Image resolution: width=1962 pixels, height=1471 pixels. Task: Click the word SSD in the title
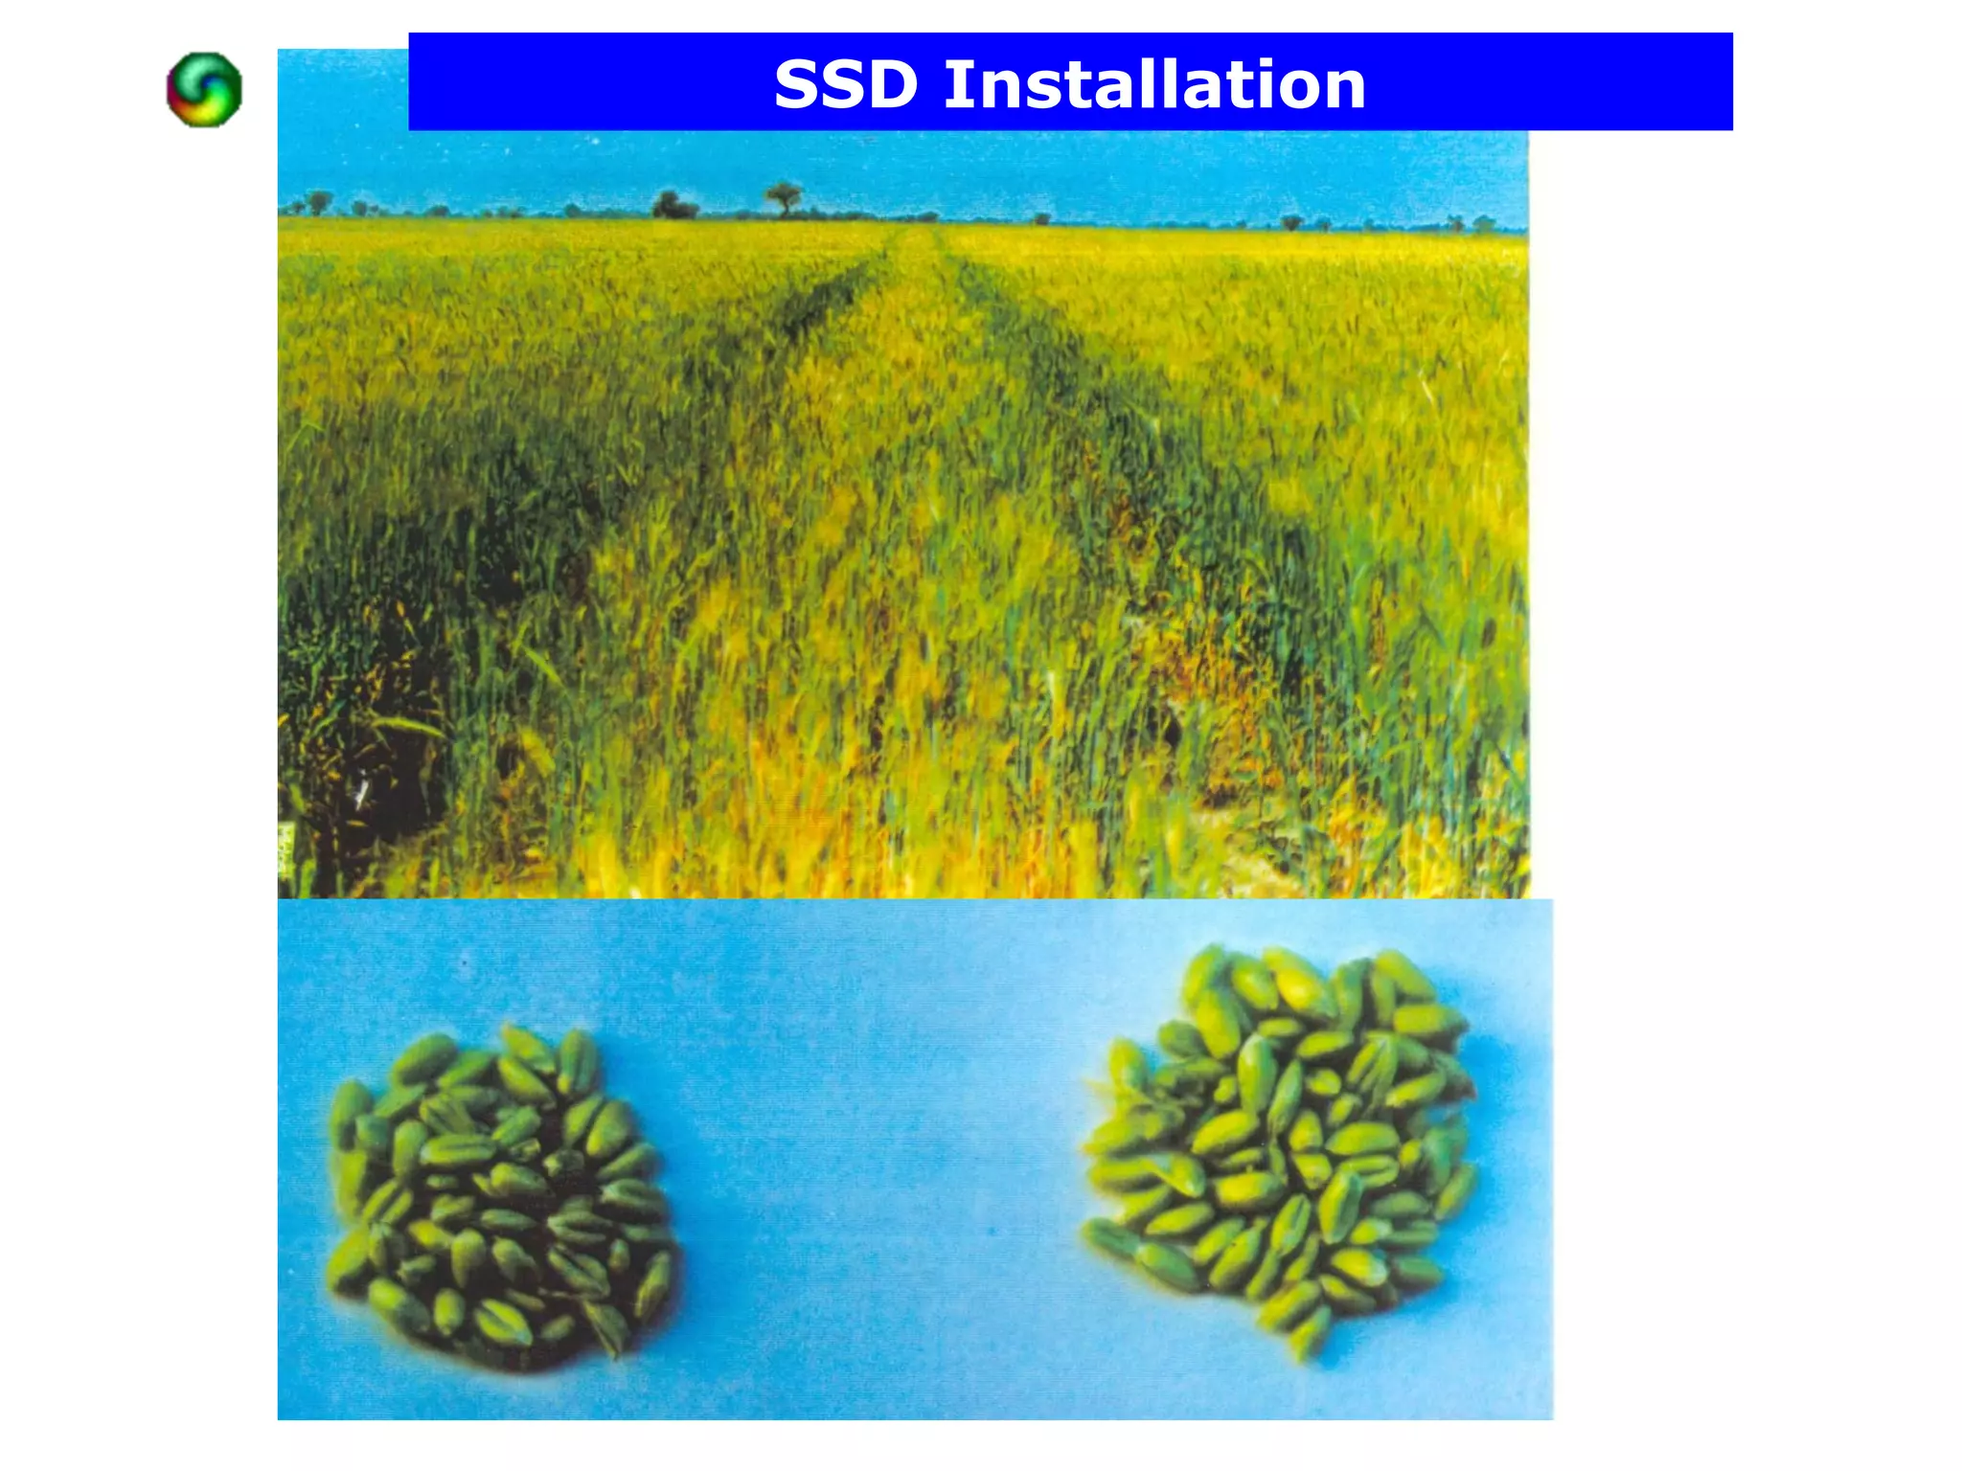[845, 84]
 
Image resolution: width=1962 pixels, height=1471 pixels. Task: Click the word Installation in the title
[1154, 84]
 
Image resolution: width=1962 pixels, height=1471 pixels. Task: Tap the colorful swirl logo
[204, 89]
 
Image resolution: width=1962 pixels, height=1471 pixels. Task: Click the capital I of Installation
[955, 84]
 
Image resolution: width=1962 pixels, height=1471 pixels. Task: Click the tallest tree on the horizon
[784, 197]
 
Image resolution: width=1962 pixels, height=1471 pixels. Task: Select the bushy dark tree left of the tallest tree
[673, 205]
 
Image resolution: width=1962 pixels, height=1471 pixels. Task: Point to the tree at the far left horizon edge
[318, 202]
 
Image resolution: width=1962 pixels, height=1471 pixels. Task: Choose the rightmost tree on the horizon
[1483, 224]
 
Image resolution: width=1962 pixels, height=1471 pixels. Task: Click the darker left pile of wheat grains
[498, 1197]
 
